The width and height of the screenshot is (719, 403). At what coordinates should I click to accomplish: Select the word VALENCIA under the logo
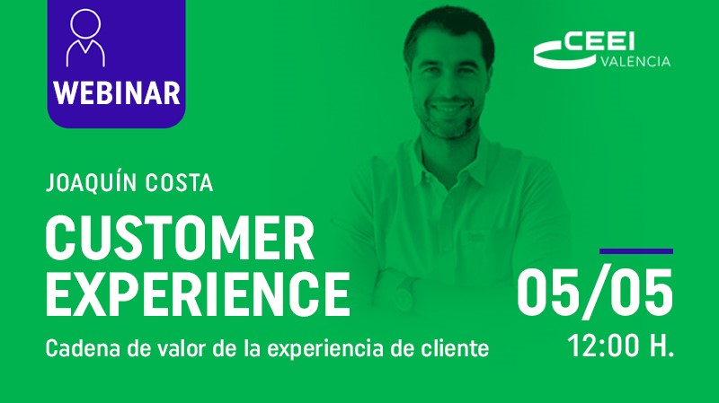coord(634,61)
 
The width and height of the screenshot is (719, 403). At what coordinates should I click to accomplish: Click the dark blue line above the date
coord(635,251)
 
